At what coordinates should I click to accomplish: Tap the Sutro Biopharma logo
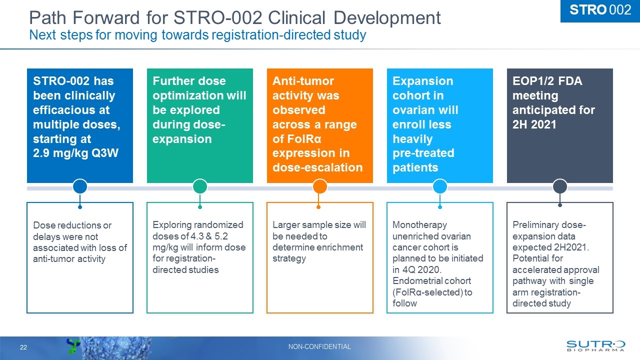(x=595, y=346)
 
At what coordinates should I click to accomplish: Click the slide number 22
(x=23, y=347)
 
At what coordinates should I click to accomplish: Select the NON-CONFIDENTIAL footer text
(x=320, y=346)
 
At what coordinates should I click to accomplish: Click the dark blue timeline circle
(x=80, y=187)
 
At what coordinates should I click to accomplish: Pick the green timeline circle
(x=200, y=187)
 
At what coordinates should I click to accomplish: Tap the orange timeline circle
(x=320, y=187)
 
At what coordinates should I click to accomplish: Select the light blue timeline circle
(x=440, y=187)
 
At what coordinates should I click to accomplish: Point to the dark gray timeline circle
(x=560, y=187)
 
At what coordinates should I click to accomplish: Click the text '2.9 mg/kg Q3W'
(x=75, y=153)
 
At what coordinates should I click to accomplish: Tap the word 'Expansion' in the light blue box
(x=423, y=81)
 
